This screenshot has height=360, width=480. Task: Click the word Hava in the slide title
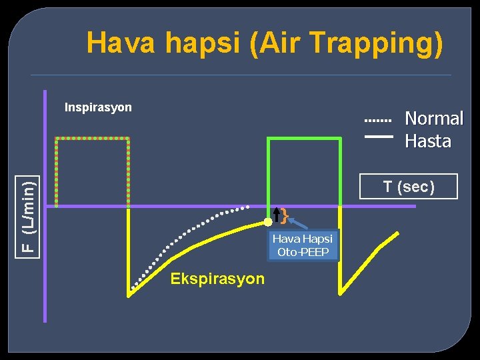point(120,43)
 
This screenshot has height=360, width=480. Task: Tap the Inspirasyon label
point(98,107)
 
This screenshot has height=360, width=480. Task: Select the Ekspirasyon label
point(217,279)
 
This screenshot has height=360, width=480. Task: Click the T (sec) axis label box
point(408,187)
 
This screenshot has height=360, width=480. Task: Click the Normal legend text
point(434,119)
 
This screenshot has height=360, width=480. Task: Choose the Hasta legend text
point(428,141)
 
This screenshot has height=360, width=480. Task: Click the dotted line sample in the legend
point(378,121)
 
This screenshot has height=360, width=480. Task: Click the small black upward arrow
point(277,215)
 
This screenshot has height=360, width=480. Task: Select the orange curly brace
point(284,215)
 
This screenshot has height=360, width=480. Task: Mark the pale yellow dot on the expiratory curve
point(268,221)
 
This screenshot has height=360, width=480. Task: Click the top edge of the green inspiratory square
point(303,138)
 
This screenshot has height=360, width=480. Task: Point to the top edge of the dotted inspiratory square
point(92,138)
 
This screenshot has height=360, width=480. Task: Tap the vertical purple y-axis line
point(45,200)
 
